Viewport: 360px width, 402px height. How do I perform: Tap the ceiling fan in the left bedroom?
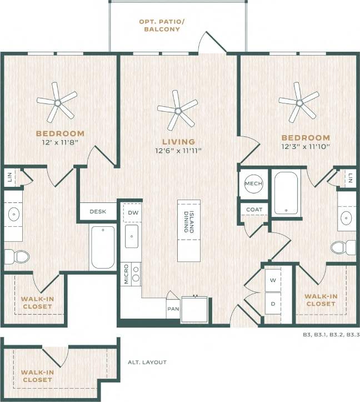[x=57, y=102]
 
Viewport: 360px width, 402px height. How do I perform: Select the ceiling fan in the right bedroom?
[x=299, y=102]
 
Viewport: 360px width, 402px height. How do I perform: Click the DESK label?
[x=97, y=211]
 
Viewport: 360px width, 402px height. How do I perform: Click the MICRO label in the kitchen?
[x=127, y=274]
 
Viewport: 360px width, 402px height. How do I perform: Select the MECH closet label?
[x=253, y=184]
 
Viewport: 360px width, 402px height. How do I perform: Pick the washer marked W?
[x=273, y=281]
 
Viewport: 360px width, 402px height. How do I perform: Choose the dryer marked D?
[x=273, y=304]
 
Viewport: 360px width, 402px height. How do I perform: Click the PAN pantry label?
[x=172, y=307]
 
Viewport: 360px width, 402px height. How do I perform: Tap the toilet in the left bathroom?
[x=16, y=256]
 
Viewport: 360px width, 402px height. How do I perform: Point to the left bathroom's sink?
[x=13, y=214]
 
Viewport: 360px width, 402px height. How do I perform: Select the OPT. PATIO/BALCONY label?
[x=160, y=26]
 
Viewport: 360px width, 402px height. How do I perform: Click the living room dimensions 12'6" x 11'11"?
[x=178, y=151]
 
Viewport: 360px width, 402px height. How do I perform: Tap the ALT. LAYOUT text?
[x=147, y=362]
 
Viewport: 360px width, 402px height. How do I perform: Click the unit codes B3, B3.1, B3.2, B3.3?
[x=328, y=335]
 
